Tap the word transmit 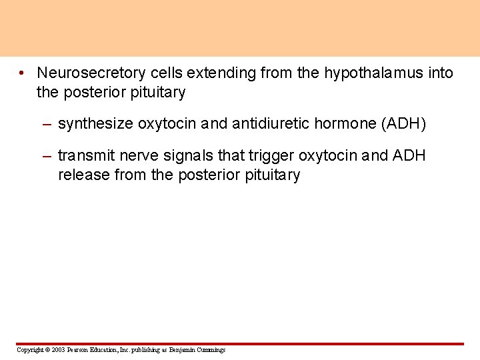coord(84,156)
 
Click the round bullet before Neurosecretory coord(23,73)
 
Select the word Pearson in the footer coord(77,350)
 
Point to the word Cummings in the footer coord(211,350)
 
